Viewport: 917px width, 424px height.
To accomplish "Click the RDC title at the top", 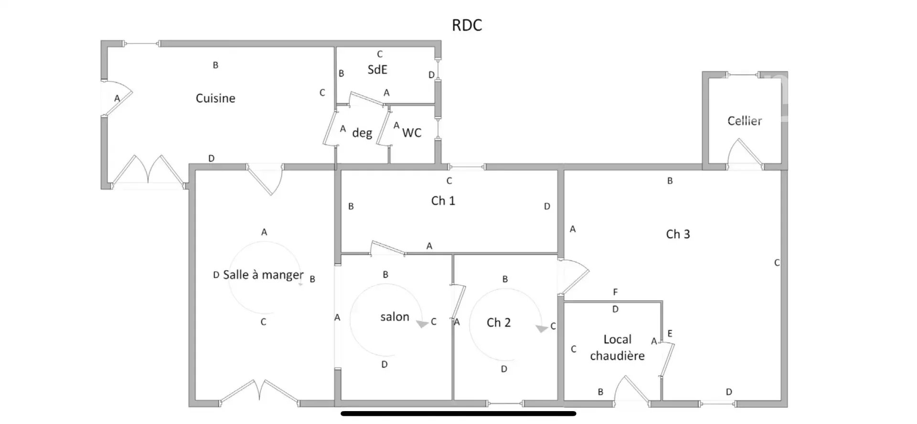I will [x=467, y=25].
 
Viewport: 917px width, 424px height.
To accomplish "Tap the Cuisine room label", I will [x=215, y=98].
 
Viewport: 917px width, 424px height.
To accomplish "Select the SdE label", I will [x=377, y=70].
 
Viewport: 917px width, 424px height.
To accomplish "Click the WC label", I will [x=412, y=133].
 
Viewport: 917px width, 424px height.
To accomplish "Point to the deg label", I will [x=362, y=133].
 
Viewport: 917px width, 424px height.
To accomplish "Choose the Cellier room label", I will [x=744, y=121].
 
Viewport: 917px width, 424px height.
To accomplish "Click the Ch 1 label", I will [x=443, y=201].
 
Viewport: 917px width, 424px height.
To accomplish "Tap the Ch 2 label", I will [x=498, y=323].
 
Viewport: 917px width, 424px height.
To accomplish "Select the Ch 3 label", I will [x=678, y=234].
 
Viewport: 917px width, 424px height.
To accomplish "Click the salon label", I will [x=395, y=317].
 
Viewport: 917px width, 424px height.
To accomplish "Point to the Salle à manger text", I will [x=263, y=275].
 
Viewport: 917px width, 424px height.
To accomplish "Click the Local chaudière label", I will [x=617, y=348].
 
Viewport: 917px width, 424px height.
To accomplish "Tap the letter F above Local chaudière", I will [x=615, y=292].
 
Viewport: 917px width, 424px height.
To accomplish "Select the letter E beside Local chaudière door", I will [x=670, y=334].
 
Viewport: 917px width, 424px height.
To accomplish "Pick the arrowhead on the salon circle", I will [x=422, y=324].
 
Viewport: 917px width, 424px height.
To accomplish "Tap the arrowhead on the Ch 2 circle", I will [x=541, y=329].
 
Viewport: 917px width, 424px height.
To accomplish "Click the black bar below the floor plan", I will [x=458, y=413].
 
